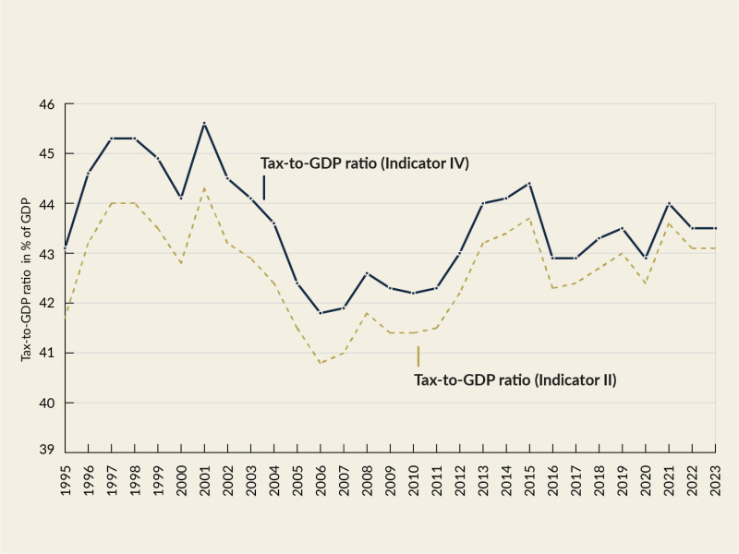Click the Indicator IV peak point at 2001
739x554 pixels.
click(x=204, y=124)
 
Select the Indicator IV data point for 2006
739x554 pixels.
click(x=321, y=313)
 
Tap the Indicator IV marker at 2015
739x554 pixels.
click(x=529, y=183)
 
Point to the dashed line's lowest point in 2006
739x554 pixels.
click(x=321, y=363)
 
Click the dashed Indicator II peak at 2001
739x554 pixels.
click(x=204, y=188)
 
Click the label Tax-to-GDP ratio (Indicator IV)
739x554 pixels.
click(x=365, y=163)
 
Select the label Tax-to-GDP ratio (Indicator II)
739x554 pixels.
click(x=515, y=379)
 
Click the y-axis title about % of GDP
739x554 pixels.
click(x=27, y=277)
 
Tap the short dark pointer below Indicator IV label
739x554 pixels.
click(x=264, y=187)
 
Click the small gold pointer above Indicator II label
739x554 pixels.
click(x=418, y=356)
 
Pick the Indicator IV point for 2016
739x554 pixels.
click(x=552, y=258)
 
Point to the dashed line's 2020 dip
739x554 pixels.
click(x=646, y=283)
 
